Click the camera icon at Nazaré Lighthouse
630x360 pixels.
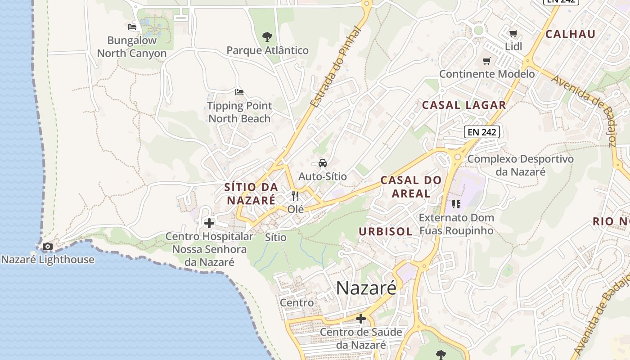click(x=47, y=246)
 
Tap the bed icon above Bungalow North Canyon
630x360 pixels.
click(x=132, y=27)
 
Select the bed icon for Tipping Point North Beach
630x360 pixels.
click(x=239, y=92)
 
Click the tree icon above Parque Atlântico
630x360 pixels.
click(x=267, y=36)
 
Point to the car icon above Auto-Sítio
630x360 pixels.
click(x=323, y=163)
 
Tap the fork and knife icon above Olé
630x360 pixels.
click(x=295, y=196)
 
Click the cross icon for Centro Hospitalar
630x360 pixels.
click(x=209, y=223)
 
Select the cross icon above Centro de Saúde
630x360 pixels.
click(x=361, y=319)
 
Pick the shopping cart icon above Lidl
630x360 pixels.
click(x=513, y=33)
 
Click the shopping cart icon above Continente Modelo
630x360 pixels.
click(x=487, y=61)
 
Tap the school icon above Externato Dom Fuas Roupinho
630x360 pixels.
click(x=456, y=204)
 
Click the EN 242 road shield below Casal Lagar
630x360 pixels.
click(x=482, y=132)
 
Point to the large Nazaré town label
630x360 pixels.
click(x=366, y=288)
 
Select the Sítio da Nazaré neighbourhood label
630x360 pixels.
click(x=250, y=193)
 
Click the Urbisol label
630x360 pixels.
click(x=386, y=232)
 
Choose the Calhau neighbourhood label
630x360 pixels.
click(x=570, y=34)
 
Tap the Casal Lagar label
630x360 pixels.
click(x=464, y=105)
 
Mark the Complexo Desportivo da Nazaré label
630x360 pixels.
click(x=520, y=165)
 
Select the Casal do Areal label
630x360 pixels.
click(x=411, y=187)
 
